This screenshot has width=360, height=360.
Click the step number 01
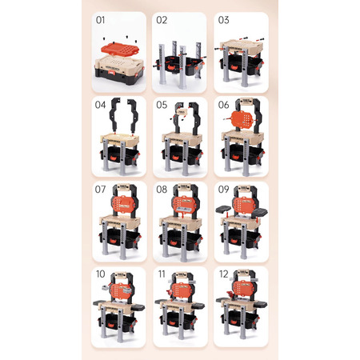pyautogui.click(x=100, y=20)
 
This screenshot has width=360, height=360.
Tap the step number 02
pyautogui.click(x=162, y=20)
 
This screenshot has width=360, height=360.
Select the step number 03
pyautogui.click(x=223, y=20)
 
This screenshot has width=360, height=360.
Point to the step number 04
pyautogui.click(x=100, y=105)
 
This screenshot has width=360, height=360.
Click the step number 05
pyautogui.click(x=162, y=105)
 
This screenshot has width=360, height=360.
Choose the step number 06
pyautogui.click(x=223, y=105)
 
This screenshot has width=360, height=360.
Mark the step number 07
pyautogui.click(x=100, y=190)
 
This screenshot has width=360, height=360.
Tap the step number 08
pyautogui.click(x=162, y=190)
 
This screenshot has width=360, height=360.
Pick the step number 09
pyautogui.click(x=223, y=190)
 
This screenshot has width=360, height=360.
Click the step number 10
pyautogui.click(x=100, y=274)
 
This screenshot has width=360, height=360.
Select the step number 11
pyautogui.click(x=162, y=274)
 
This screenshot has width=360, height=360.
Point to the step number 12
pyautogui.click(x=223, y=274)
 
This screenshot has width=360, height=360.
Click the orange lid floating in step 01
pyautogui.click(x=119, y=50)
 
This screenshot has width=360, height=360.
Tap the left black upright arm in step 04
pyautogui.click(x=114, y=114)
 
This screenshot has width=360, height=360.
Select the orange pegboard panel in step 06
pyautogui.click(x=242, y=121)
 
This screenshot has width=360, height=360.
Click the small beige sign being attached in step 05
pyautogui.click(x=181, y=111)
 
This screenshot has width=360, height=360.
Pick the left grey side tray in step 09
pyautogui.click(x=224, y=210)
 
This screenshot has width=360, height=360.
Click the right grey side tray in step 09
pyautogui.click(x=259, y=212)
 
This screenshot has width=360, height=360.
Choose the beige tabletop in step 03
pyautogui.click(x=242, y=46)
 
